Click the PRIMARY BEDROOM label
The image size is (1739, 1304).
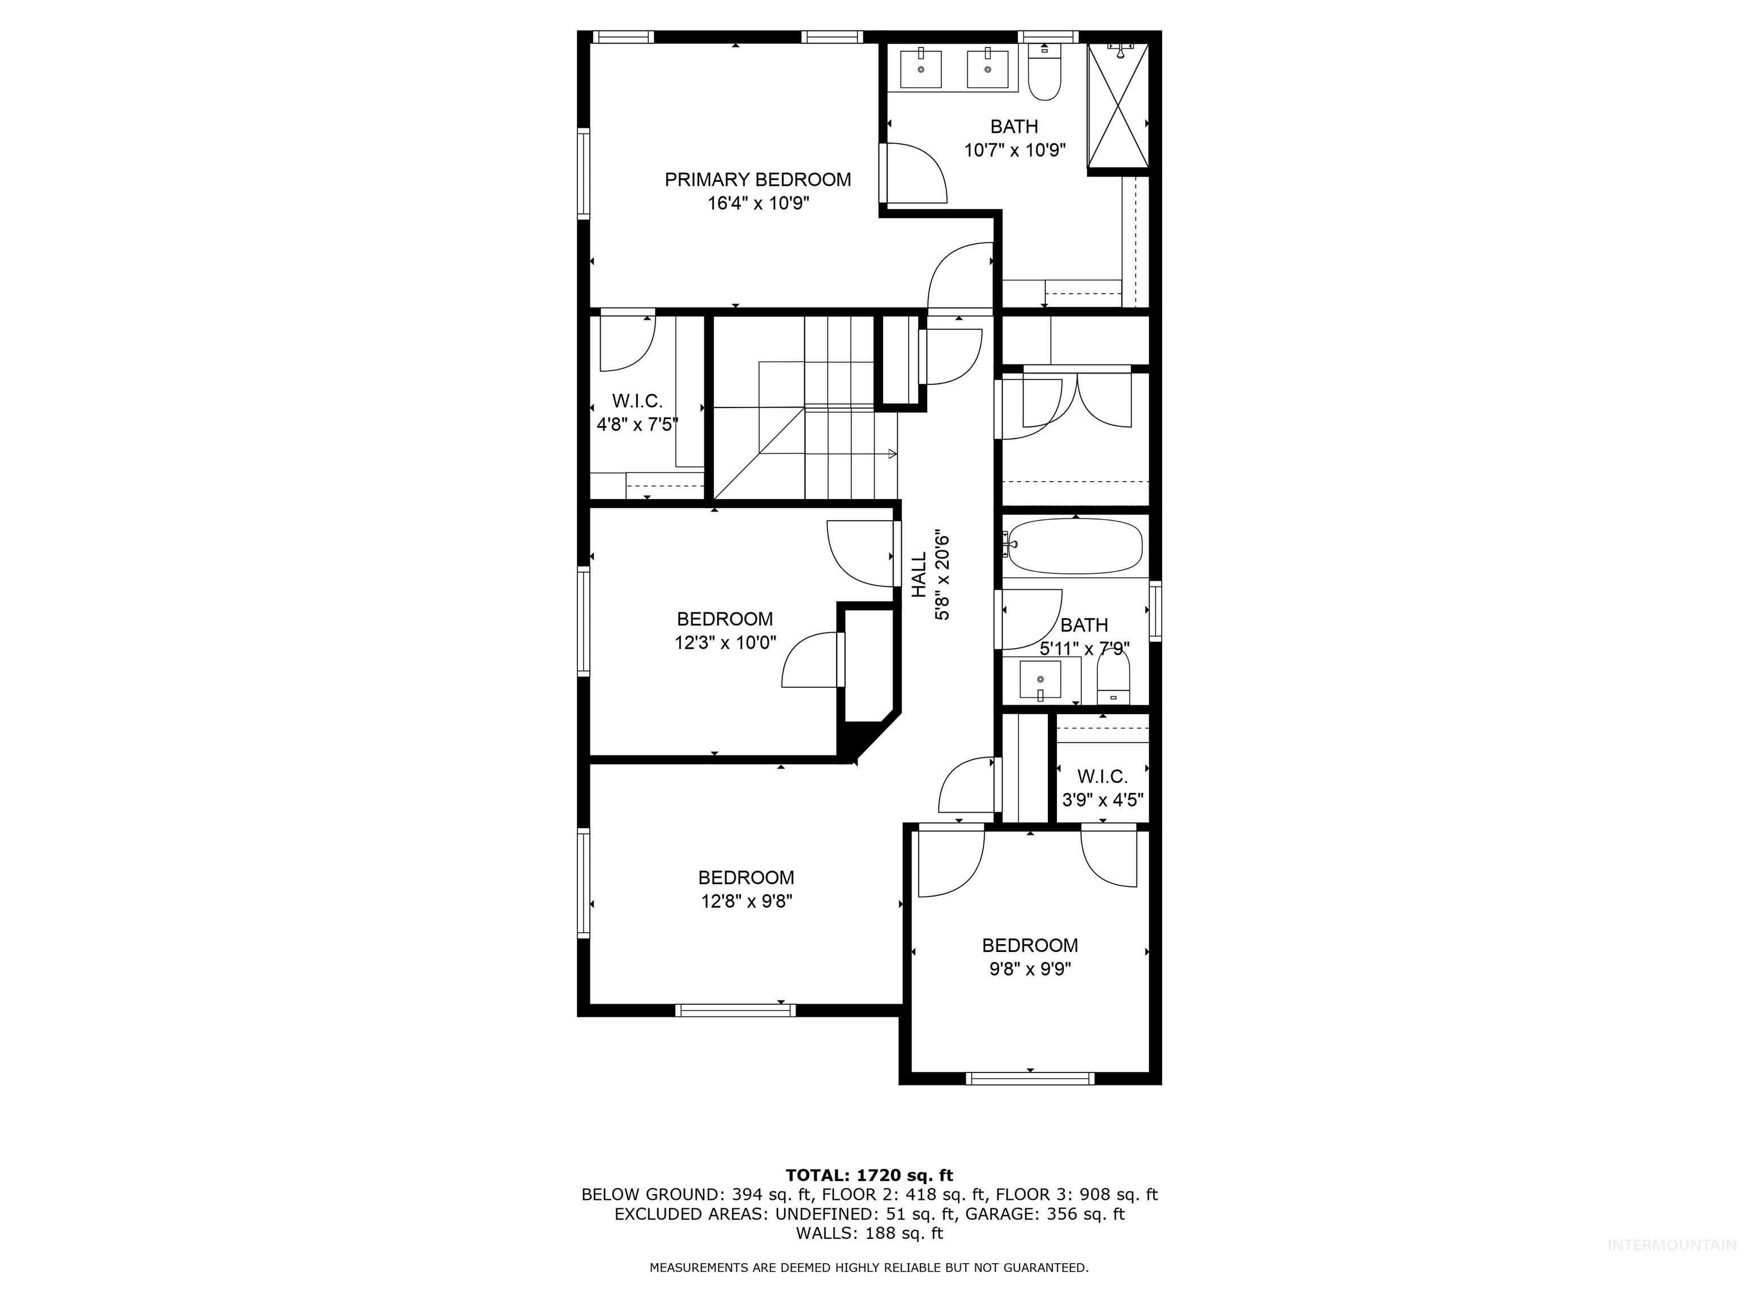tap(757, 180)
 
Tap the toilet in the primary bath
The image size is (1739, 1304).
tap(1045, 79)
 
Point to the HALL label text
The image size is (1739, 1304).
tap(919, 574)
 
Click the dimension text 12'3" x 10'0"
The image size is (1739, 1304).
tap(725, 643)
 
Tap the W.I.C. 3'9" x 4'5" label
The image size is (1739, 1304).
tap(1102, 788)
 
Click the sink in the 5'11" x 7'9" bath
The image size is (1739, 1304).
tap(1040, 680)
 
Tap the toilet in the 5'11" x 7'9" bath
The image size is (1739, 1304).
tap(1112, 679)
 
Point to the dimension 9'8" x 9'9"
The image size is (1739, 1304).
tap(1030, 969)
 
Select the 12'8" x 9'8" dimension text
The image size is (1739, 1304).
tap(746, 902)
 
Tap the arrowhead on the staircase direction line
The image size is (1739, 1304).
tap(892, 453)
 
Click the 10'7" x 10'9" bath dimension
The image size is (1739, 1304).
tap(1014, 150)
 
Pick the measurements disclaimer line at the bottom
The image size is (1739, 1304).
tap(869, 1290)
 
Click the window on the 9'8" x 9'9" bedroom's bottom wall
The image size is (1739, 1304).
tap(1030, 1078)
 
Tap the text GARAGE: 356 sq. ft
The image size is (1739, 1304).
tap(1045, 1213)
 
